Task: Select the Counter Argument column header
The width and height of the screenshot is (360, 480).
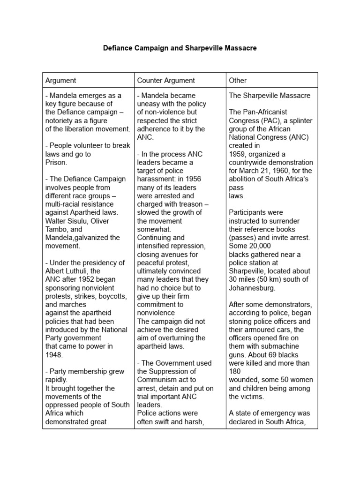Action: pos(166,81)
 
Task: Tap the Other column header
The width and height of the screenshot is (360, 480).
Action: pos(238,81)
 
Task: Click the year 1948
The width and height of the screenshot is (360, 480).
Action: pos(54,355)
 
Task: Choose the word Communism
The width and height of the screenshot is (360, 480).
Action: pos(159,380)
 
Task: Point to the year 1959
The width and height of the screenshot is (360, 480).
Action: pos(238,154)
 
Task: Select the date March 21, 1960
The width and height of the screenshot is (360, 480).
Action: pos(271,171)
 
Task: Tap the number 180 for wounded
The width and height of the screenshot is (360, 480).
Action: pos(235,371)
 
